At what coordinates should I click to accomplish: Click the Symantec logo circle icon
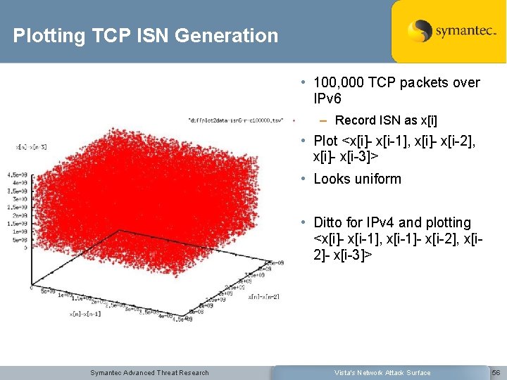(420, 32)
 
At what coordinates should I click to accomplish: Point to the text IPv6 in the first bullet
(327, 98)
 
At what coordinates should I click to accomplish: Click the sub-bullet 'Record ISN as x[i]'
(386, 120)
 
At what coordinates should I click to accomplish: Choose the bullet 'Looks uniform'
(357, 179)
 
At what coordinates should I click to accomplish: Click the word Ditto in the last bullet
(331, 223)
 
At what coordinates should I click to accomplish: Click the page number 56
(496, 372)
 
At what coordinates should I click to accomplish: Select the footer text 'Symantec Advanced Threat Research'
(149, 372)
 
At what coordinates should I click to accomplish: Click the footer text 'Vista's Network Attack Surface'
(383, 372)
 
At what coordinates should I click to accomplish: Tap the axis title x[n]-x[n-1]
(84, 314)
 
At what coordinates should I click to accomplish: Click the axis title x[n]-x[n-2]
(263, 296)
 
